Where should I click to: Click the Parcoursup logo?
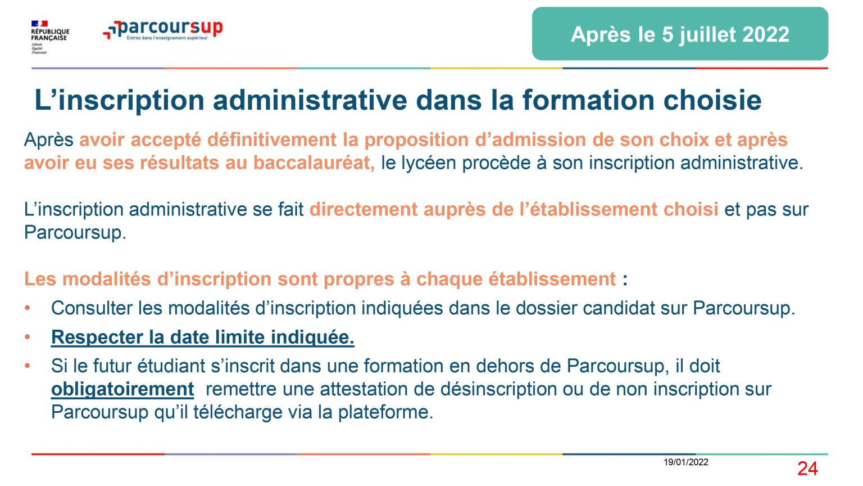click(x=163, y=30)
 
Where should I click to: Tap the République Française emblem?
click(x=50, y=37)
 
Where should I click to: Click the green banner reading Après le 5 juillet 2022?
click(x=680, y=34)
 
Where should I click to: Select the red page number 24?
click(x=807, y=469)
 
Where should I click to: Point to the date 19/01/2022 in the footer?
click(x=686, y=462)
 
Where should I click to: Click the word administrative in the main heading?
click(x=310, y=100)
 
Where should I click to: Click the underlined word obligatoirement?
click(x=122, y=389)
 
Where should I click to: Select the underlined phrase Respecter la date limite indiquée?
click(x=203, y=337)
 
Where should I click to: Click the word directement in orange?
click(x=364, y=209)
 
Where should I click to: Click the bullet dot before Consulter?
click(x=28, y=308)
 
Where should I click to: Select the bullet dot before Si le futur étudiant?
click(x=28, y=366)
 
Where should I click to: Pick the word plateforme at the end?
click(x=385, y=412)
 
